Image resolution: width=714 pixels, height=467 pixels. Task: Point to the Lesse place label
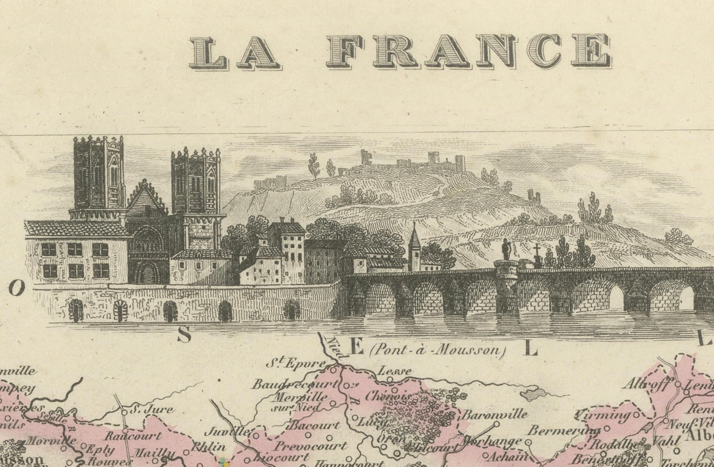click(x=394, y=371)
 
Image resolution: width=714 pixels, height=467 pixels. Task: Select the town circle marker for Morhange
click(x=528, y=442)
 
